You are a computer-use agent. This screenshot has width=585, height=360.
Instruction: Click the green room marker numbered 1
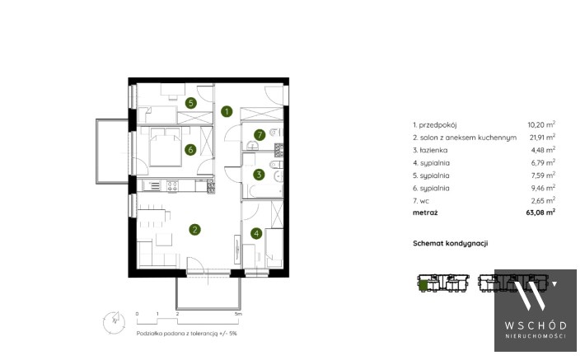(227, 111)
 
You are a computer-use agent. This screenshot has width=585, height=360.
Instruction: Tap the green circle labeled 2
(194, 230)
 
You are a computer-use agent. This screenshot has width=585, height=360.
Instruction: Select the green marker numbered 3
(259, 174)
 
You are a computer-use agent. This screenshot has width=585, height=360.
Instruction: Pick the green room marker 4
(256, 233)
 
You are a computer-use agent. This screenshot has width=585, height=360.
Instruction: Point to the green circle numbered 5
(191, 103)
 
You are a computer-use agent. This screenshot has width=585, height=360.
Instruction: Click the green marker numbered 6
(190, 150)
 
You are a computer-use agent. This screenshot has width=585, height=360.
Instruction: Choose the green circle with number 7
(260, 134)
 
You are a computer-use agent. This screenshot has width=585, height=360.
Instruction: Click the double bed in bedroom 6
(166, 147)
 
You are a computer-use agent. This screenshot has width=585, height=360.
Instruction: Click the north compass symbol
(115, 322)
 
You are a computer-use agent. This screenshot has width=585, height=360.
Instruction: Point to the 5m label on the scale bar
(238, 314)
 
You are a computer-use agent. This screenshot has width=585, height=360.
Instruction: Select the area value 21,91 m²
(542, 137)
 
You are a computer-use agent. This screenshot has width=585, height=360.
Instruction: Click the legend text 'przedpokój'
(438, 125)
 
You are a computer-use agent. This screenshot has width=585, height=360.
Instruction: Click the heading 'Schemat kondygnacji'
(451, 244)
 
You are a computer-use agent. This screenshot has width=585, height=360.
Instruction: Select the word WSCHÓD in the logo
(536, 325)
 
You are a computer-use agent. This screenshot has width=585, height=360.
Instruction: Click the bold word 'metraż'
(425, 213)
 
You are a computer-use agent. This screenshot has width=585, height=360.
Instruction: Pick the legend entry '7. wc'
(421, 201)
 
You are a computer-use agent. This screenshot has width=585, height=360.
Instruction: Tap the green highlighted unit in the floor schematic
(423, 286)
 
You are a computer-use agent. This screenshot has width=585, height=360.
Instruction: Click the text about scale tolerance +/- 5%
(186, 334)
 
